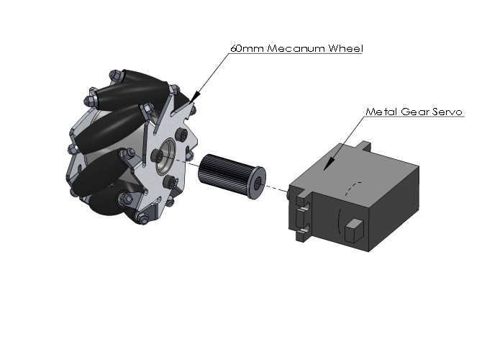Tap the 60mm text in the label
coord(247,48)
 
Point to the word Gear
coord(417,112)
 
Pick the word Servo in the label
coord(448,112)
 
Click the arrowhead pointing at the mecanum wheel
coord(196,96)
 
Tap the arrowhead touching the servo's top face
coord(328,163)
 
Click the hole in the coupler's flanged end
coord(258,184)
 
